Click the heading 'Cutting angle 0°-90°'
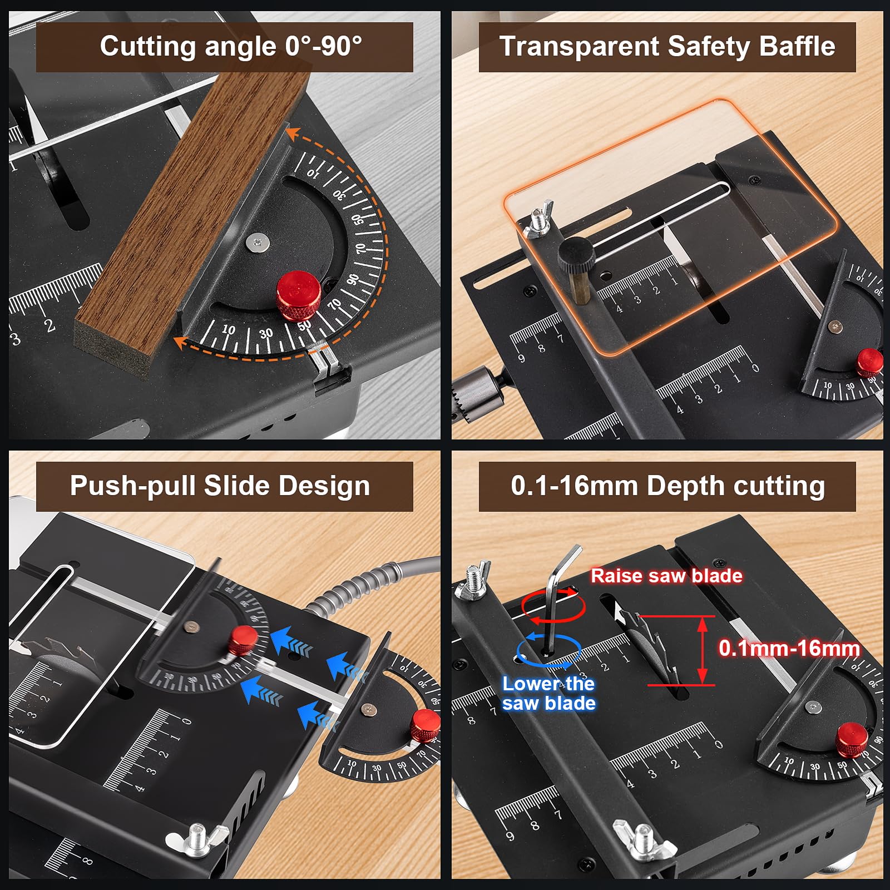click(x=231, y=46)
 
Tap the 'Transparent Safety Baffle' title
click(x=667, y=46)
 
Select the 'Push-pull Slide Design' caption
click(x=220, y=486)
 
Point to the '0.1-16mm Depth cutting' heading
click(x=667, y=486)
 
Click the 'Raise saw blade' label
click(x=666, y=576)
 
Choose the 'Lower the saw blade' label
click(x=548, y=693)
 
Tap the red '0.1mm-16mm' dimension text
click(x=789, y=648)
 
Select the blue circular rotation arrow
click(x=548, y=651)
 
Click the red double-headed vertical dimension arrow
click(x=703, y=650)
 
